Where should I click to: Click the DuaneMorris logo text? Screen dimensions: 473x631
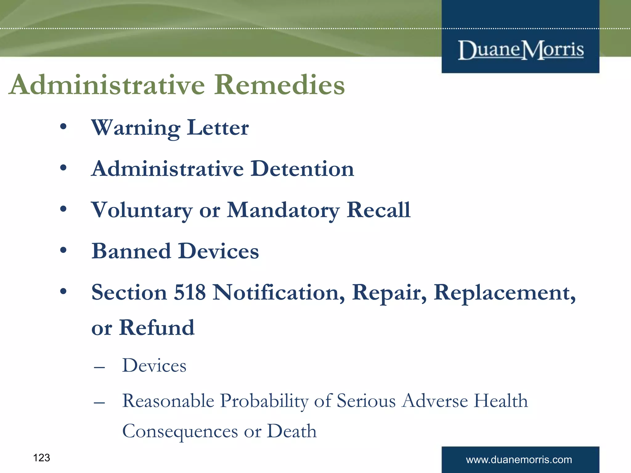(x=521, y=50)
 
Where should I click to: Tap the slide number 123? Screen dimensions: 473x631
(x=41, y=458)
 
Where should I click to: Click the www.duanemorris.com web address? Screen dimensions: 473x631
(x=519, y=460)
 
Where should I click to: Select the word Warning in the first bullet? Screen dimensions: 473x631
(x=136, y=128)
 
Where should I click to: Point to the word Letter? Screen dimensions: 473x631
(x=218, y=128)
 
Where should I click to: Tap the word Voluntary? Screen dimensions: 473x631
(x=142, y=210)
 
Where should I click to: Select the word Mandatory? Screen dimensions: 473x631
(x=283, y=210)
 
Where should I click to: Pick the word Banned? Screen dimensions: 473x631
(x=131, y=251)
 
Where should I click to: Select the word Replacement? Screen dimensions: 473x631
(x=504, y=293)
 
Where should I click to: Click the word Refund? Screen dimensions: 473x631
(x=157, y=327)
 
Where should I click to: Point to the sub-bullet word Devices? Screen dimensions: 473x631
(x=154, y=366)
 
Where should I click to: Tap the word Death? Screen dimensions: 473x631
(x=291, y=431)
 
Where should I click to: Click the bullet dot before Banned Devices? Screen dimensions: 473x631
(x=63, y=250)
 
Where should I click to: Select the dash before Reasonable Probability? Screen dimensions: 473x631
(x=100, y=402)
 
